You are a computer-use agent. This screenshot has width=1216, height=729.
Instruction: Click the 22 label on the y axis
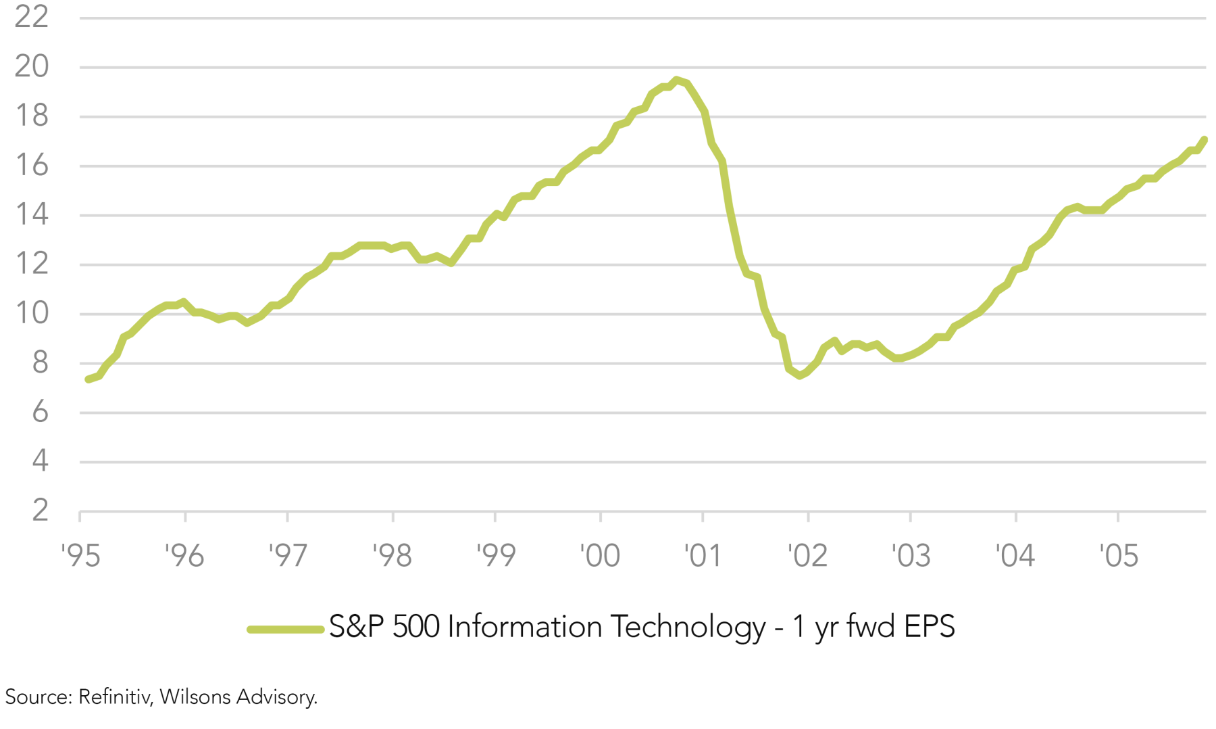coord(31,17)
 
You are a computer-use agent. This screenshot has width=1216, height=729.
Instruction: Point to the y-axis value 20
coord(31,66)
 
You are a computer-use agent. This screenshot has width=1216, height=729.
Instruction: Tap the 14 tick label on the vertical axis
coord(31,214)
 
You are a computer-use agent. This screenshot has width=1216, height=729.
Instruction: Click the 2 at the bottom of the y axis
coord(40,510)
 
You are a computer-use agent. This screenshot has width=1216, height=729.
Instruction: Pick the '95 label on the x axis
coord(80,556)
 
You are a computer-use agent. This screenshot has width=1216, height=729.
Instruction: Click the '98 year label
coord(392,556)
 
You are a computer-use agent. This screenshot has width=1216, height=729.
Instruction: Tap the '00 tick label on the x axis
coord(600,556)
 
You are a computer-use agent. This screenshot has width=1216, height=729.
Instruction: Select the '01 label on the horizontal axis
coord(703,556)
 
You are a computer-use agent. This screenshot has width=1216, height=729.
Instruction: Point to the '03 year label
coord(911,556)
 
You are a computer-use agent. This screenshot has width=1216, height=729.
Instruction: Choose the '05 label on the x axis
coord(1119,556)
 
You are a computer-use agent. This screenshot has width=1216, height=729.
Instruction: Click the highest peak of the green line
coord(676,80)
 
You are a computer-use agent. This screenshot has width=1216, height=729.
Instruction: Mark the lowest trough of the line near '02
coord(800,375)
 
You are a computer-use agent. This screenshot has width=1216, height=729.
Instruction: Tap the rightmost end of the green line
coord(1205,140)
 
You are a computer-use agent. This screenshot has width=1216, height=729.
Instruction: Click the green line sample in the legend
coord(285,629)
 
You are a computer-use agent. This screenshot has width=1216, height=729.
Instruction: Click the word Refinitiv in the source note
coord(114,697)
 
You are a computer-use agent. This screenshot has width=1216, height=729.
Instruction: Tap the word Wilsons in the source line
coord(195,697)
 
